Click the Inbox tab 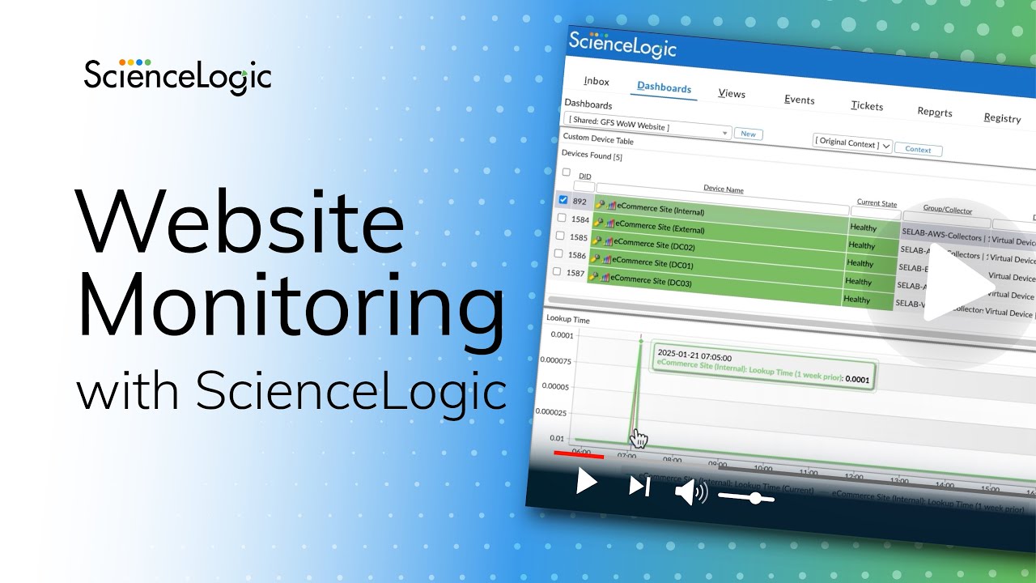coord(597,82)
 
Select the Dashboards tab coord(664,87)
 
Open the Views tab coord(732,94)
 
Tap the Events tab coord(799,100)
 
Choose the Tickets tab coord(867,106)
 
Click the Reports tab coord(935,113)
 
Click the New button coord(749,134)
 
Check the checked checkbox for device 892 coord(564,200)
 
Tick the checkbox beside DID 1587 coord(556,272)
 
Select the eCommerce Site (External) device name coord(660,228)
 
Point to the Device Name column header coord(723,189)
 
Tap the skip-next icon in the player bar coord(639,486)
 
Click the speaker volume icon coord(690,492)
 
